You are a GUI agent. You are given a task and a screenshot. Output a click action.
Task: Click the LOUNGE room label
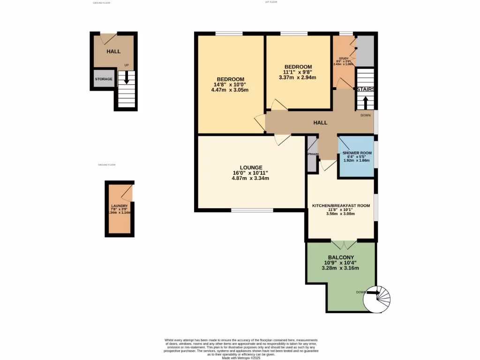pyautogui.click(x=251, y=167)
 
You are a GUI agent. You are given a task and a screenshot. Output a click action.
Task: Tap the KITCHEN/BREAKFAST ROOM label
pyautogui.click(x=341, y=205)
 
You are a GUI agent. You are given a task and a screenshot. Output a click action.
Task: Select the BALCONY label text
pyautogui.click(x=340, y=257)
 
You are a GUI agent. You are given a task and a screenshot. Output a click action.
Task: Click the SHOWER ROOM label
pyautogui.click(x=357, y=153)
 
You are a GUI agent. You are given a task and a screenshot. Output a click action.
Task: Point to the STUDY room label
pyautogui.click(x=344, y=59)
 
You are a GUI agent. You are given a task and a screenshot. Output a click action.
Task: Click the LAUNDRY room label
pyautogui.click(x=120, y=206)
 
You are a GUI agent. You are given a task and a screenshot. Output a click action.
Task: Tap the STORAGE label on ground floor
pyautogui.click(x=104, y=79)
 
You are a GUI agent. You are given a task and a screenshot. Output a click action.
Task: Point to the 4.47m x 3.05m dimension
pyautogui.click(x=230, y=90)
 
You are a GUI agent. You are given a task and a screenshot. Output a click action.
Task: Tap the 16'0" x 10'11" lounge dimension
pyautogui.click(x=251, y=172)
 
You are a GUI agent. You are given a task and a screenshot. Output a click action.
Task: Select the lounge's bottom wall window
pyautogui.click(x=252, y=210)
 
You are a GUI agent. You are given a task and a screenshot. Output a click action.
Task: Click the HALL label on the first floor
pyautogui.click(x=320, y=123)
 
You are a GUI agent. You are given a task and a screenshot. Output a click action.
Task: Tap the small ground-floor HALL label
pyautogui.click(x=113, y=52)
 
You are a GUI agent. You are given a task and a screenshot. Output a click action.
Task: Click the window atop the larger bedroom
pyautogui.click(x=229, y=33)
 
